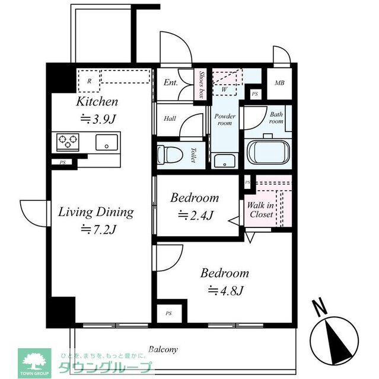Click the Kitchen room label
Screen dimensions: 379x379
click(x=97, y=101)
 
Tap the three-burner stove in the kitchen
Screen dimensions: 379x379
click(x=68, y=142)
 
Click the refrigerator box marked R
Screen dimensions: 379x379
click(x=89, y=81)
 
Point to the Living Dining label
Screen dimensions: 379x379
click(x=95, y=211)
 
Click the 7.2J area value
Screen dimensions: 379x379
click(x=96, y=229)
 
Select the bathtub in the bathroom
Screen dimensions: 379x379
click(x=267, y=152)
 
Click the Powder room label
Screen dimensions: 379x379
click(x=225, y=120)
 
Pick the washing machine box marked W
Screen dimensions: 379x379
click(x=225, y=89)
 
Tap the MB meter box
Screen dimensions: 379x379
click(x=279, y=82)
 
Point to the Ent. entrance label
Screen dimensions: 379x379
click(x=171, y=83)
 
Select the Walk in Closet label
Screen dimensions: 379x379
click(x=261, y=210)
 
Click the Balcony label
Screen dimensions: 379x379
click(x=163, y=349)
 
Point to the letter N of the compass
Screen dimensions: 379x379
click(x=320, y=308)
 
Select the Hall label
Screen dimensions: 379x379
click(x=170, y=118)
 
